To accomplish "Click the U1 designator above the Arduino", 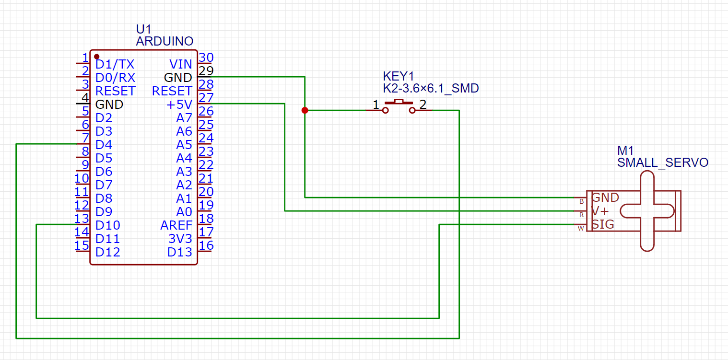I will click(143, 29).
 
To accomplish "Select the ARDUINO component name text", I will click(164, 41).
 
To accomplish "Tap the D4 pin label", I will click(104, 145).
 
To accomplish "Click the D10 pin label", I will click(107, 225).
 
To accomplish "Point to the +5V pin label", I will click(179, 105).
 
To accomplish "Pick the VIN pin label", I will click(181, 64).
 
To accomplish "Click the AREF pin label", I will click(176, 225).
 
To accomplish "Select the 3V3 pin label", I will click(180, 239).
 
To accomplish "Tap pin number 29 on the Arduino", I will click(206, 71).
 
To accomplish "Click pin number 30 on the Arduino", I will click(206, 58).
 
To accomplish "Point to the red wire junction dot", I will click(305, 110).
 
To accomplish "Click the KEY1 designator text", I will click(398, 76).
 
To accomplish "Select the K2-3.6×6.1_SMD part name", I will click(431, 89).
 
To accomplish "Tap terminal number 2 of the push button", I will click(423, 104).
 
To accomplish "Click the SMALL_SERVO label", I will click(662, 163).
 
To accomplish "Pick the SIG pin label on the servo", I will click(603, 224).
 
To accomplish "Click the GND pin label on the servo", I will click(605, 197).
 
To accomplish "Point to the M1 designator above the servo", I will click(625, 151).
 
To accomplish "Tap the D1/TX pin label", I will click(115, 64).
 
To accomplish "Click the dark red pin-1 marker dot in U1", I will click(97, 56).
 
